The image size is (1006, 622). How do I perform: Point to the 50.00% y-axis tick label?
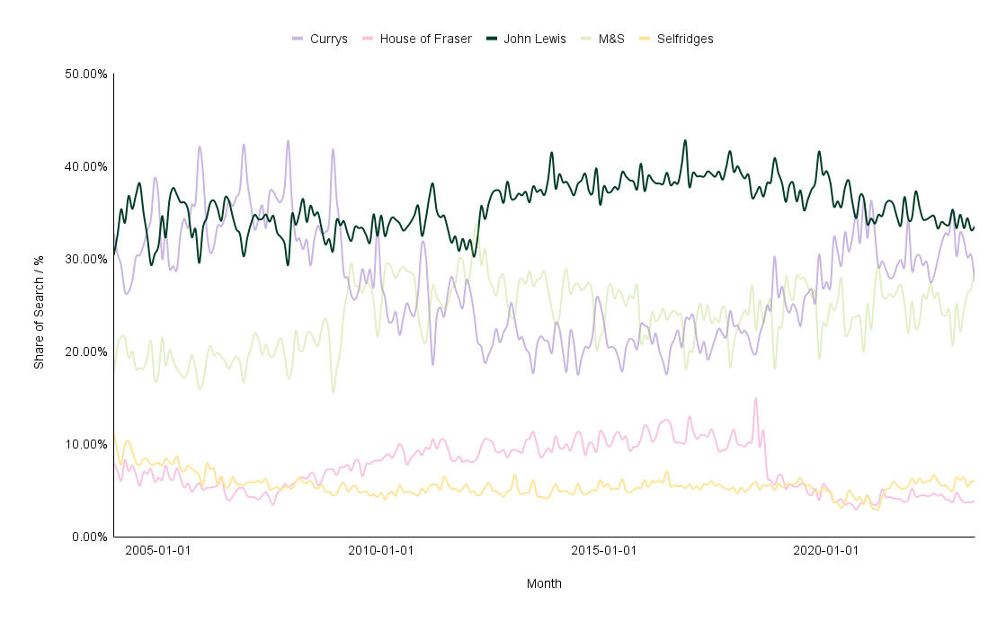tap(86, 74)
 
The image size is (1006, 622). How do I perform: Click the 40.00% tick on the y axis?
tap(86, 166)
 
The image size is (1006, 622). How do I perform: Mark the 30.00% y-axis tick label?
tap(86, 259)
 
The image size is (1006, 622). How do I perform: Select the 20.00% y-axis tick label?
tap(86, 351)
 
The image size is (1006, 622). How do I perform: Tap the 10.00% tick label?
tap(86, 444)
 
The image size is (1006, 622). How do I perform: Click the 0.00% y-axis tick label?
tap(89, 537)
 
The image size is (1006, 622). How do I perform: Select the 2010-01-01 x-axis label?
tap(381, 550)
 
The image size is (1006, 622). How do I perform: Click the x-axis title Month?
tap(544, 583)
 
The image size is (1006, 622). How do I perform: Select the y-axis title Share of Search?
tap(39, 306)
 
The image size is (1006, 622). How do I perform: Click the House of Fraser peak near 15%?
tap(756, 398)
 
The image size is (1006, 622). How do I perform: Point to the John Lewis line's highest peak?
tap(685, 140)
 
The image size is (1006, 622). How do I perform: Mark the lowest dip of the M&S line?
tap(334, 392)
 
